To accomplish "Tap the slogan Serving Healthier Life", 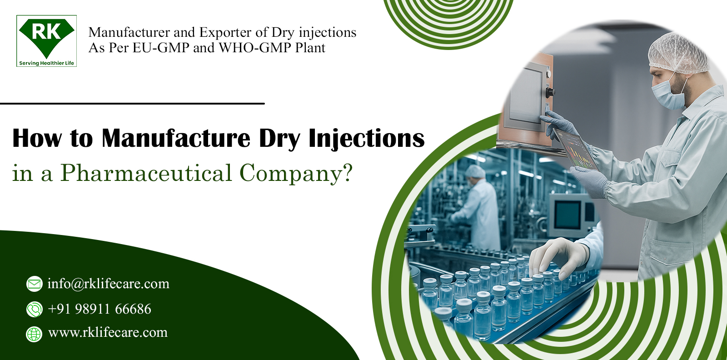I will tap(46, 63).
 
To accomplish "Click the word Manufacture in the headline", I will tap(176, 138).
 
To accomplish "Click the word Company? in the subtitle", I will tap(296, 174).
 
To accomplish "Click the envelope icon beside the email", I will tap(34, 284).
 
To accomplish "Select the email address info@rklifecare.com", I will tap(108, 284).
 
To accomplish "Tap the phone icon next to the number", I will tap(34, 310).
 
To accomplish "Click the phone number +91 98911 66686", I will tap(100, 309).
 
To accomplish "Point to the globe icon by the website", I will tap(34, 334).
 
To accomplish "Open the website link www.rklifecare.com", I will tap(108, 332).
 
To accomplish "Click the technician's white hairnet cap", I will tap(677, 52).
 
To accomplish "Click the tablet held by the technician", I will tap(576, 148).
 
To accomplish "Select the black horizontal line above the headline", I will tap(132, 104).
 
